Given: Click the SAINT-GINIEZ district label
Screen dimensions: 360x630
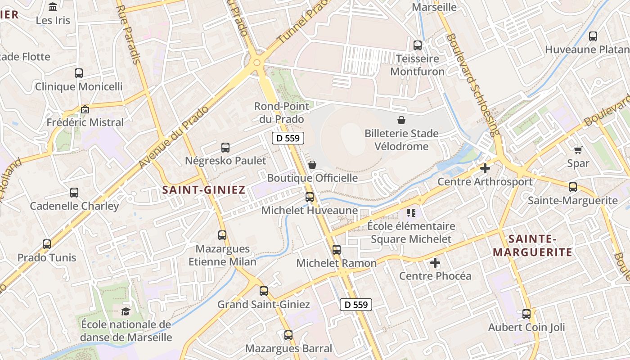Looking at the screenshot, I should (x=204, y=190).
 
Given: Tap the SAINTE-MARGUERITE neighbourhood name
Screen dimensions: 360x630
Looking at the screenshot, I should (x=532, y=245).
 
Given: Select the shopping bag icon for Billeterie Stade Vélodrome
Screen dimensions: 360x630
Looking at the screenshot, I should (x=401, y=120).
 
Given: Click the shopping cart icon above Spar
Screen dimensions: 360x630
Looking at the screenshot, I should (x=578, y=150).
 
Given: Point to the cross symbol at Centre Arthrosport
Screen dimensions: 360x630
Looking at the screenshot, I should (x=485, y=168).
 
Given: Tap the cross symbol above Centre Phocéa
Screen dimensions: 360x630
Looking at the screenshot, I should (x=435, y=262).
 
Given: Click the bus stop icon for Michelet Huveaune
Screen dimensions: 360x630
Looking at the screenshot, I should (x=310, y=197).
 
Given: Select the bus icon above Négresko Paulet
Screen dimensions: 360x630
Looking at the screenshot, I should (x=225, y=147).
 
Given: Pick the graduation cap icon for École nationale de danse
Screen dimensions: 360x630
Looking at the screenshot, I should (x=126, y=311).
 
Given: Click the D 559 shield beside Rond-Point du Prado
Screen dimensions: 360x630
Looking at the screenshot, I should (x=288, y=138).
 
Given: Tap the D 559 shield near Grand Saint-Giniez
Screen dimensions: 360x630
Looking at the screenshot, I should (x=356, y=305).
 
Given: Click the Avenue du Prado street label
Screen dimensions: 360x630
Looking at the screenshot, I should (x=175, y=137).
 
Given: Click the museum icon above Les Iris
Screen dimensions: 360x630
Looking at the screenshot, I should (x=53, y=7).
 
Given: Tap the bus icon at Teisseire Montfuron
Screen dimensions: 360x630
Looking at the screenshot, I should (x=418, y=45).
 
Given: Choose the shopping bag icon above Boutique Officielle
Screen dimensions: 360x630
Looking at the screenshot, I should (x=312, y=165).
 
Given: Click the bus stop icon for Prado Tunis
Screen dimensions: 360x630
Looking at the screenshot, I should (x=47, y=244).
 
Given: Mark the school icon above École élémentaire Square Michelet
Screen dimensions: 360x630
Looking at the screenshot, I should (x=411, y=212).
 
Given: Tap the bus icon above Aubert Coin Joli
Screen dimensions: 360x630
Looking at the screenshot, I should (x=526, y=314).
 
